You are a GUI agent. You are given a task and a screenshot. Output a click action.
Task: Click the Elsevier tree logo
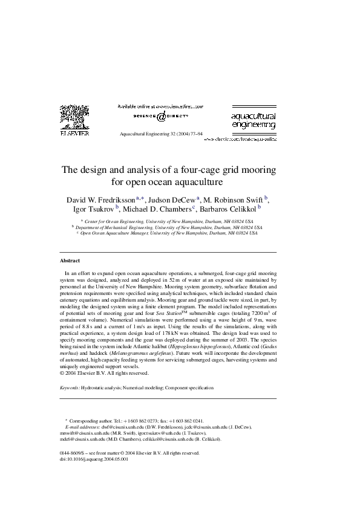74,118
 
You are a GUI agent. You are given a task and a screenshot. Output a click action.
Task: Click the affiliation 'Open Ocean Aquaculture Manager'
114,233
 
